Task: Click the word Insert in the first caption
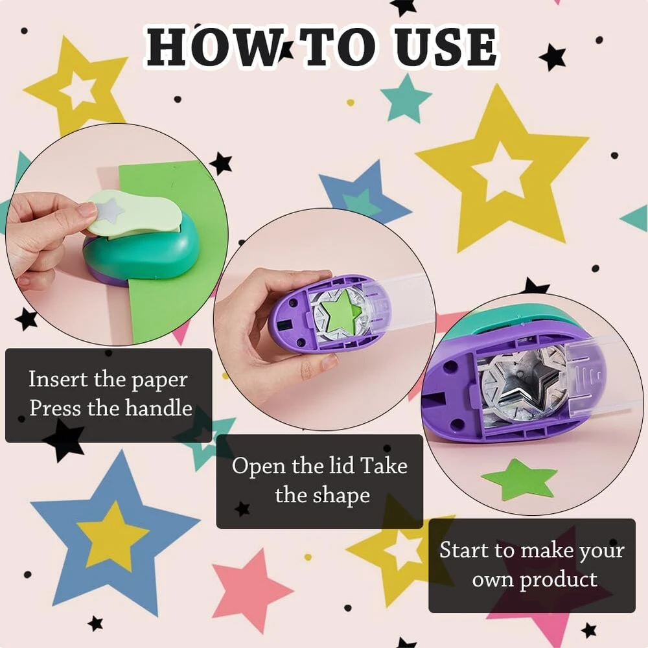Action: pyautogui.click(x=58, y=378)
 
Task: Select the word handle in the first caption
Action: pyautogui.click(x=158, y=408)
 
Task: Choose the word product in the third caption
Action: pyautogui.click(x=558, y=580)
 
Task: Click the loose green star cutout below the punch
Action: pyautogui.click(x=518, y=480)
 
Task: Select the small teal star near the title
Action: pyautogui.click(x=406, y=98)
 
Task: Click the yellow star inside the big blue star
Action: pyautogui.click(x=112, y=536)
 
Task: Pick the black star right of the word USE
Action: pyautogui.click(x=553, y=56)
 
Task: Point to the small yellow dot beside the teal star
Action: pyautogui.click(x=351, y=102)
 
